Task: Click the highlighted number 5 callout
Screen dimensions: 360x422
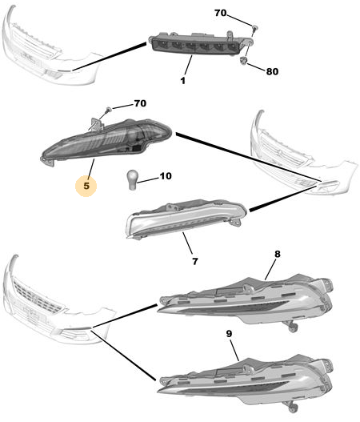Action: coord(86,186)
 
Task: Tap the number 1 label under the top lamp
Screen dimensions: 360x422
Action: coord(183,80)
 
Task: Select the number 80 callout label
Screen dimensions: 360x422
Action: coord(272,71)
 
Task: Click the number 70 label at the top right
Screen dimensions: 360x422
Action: coord(221,13)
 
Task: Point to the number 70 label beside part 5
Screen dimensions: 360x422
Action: coord(140,103)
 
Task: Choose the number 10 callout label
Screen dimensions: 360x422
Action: coord(166,176)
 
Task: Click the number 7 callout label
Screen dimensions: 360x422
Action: coord(195,261)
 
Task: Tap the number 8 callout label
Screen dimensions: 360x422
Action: coord(277,254)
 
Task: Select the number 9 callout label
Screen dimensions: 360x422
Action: coord(229,334)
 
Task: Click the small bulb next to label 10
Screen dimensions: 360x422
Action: coord(131,180)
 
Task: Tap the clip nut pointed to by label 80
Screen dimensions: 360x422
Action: coord(244,62)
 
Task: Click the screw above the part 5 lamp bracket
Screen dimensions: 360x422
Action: coord(109,109)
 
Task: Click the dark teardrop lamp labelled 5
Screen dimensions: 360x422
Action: coord(106,140)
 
